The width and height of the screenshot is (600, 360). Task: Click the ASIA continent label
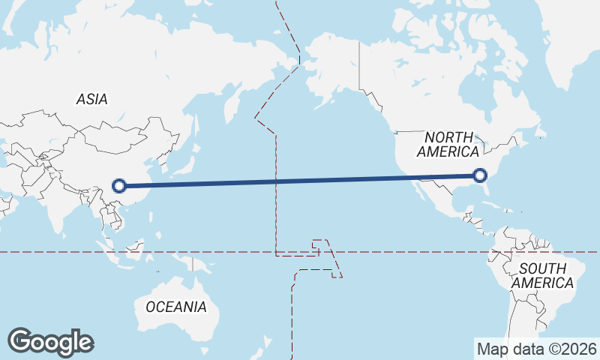(91, 99)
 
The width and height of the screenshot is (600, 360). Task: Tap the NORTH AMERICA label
(449, 144)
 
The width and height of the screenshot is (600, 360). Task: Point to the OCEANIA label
(175, 307)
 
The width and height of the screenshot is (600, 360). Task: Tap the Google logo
(50, 342)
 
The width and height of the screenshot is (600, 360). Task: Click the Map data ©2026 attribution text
(536, 349)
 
